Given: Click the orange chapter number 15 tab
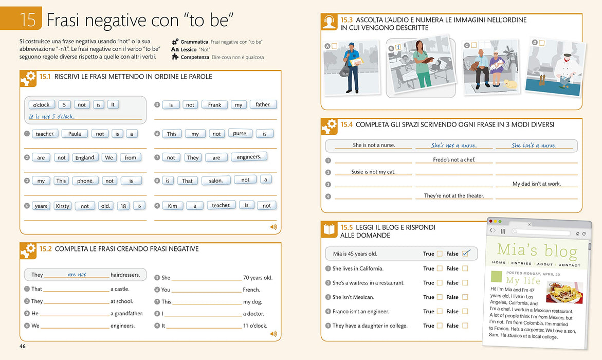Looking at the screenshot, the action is point(21,18).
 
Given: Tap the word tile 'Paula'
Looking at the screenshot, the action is point(75,134).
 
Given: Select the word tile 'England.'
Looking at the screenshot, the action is point(85,157).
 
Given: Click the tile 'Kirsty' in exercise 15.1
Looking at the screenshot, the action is point(63,206).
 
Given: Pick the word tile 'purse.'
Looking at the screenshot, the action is point(241,133).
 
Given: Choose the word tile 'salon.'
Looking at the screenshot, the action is point(216,181).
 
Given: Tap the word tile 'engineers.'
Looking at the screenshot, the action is point(249,157).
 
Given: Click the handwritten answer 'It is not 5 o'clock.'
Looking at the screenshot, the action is point(52,116).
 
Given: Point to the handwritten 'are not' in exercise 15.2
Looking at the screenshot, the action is point(77,274).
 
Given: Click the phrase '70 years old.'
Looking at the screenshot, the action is point(258,278).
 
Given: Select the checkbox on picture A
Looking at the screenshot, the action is point(334,46).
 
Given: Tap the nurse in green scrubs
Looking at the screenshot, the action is point(423,64).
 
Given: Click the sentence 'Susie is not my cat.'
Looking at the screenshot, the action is point(373,172).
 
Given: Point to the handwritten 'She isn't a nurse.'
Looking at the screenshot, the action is point(534,145).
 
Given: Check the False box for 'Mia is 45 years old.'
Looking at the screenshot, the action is point(466,254).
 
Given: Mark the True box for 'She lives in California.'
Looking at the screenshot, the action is point(440,268).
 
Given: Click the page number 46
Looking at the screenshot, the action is point(23,346).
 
